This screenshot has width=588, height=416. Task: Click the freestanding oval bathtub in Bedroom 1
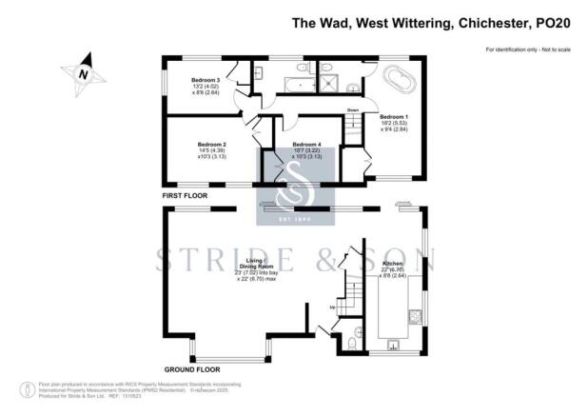[399, 82]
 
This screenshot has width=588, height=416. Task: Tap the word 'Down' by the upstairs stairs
[352, 111]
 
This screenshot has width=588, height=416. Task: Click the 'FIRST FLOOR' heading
[185, 195]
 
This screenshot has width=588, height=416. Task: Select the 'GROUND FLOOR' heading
[192, 368]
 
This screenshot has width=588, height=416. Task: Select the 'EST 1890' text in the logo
[293, 220]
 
